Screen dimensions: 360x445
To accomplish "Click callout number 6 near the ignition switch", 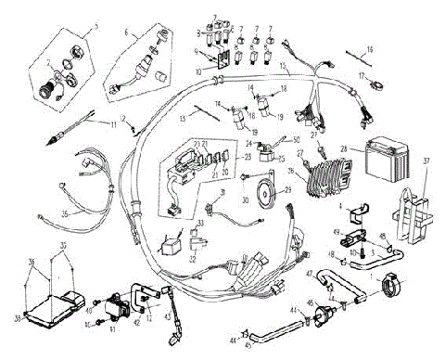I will (x=129, y=31).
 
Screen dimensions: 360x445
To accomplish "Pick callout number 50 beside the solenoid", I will (x=296, y=138).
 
